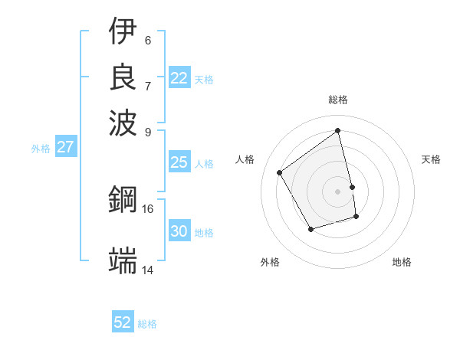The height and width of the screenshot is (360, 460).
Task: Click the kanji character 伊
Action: pos(123,31)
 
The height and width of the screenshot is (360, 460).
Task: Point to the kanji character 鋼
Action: pos(123,201)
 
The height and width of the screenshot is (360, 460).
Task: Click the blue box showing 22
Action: pos(179,78)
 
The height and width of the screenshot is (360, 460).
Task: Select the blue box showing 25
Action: pos(179,162)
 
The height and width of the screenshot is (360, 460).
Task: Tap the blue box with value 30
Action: pos(179,231)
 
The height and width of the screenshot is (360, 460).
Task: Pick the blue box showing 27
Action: pos(65,147)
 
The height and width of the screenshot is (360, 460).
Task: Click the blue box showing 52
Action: pos(123,322)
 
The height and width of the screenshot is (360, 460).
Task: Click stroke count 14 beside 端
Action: pos(147,270)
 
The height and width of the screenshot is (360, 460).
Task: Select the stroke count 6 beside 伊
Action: pos(147,40)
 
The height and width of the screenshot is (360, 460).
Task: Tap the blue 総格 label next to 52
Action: pos(147,324)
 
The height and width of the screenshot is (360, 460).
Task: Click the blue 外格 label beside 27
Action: pos(40,149)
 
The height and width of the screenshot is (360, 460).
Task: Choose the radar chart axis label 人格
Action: pos(245,159)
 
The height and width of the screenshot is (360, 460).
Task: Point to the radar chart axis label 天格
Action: pos(431,159)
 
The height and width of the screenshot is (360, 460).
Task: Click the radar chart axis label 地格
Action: pos(402,262)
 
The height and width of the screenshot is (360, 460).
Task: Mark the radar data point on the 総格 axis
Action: pos(338,130)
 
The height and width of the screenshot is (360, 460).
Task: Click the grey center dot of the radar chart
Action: pos(338,191)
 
